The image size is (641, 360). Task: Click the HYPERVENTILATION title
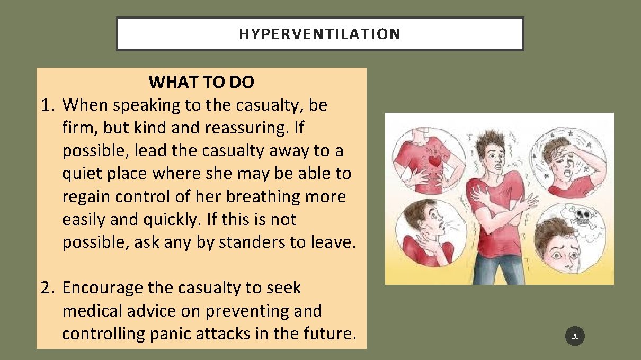(319, 34)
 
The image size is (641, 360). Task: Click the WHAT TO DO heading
(201, 82)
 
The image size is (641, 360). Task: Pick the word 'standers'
(252, 242)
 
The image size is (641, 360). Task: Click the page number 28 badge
(575, 336)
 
